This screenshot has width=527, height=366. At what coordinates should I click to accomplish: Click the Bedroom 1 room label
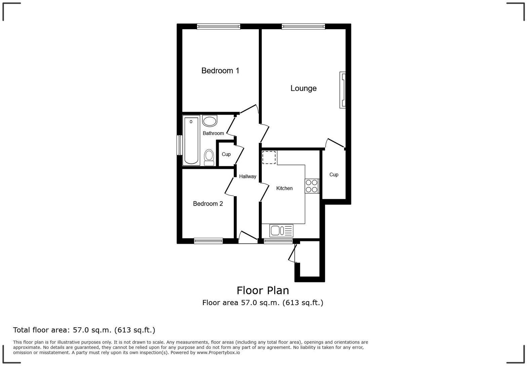(x=220, y=71)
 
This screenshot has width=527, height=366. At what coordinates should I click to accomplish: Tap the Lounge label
(x=303, y=88)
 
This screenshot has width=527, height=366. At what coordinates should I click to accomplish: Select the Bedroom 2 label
(x=208, y=204)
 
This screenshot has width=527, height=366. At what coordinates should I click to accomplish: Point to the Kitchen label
(x=284, y=188)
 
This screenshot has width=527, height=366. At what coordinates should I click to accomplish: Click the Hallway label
(x=247, y=176)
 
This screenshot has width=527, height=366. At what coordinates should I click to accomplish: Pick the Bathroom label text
(x=213, y=133)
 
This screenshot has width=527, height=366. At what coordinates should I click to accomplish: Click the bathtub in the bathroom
(x=191, y=141)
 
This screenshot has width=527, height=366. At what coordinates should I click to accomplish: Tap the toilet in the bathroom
(x=209, y=157)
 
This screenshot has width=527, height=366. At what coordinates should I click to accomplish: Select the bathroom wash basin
(x=210, y=121)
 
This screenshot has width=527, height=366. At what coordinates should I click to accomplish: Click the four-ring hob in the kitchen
(x=312, y=186)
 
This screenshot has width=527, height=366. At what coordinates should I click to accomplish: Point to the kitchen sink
(x=281, y=230)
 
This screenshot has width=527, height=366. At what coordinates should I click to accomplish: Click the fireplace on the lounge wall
(x=342, y=90)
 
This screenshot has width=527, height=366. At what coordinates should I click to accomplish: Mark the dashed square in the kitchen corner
(x=269, y=157)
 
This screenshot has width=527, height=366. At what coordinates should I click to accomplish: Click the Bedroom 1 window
(x=218, y=26)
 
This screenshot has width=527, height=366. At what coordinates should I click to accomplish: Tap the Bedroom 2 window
(x=208, y=241)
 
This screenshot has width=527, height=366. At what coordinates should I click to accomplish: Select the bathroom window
(x=179, y=145)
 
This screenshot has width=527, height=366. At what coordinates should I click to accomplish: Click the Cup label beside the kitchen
(x=334, y=175)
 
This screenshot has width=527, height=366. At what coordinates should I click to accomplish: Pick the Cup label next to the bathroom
(x=226, y=154)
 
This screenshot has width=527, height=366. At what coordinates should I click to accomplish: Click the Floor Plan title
(x=263, y=290)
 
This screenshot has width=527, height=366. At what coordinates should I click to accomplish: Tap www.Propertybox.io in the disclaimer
(x=218, y=353)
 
